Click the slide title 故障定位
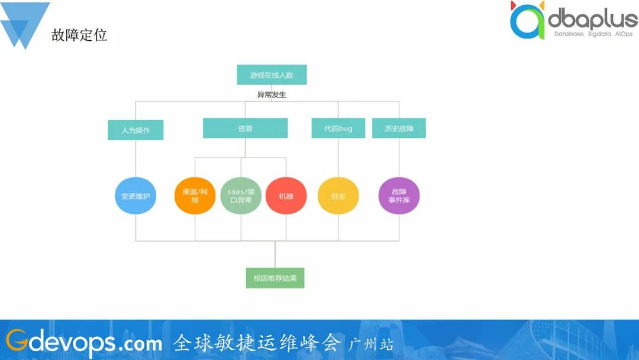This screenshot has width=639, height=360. click(79, 35)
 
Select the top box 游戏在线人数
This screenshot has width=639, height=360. click(272, 75)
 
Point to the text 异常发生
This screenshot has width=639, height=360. click(272, 95)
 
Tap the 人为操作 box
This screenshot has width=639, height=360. click(135, 130)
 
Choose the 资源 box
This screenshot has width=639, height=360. click(245, 128)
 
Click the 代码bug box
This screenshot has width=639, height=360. click(338, 128)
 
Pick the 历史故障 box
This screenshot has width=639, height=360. click(399, 128)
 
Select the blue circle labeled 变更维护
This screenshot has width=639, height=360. click(135, 195)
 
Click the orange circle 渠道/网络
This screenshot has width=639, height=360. click(195, 195)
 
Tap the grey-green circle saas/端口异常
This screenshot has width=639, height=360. click(241, 195)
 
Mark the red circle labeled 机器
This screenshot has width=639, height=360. click(286, 195)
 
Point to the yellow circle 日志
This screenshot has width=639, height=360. click(338, 195)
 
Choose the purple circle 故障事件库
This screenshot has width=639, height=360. click(399, 195)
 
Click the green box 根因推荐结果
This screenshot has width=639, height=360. click(275, 278)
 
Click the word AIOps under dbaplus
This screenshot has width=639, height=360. click(624, 34)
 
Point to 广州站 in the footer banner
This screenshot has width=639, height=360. click(372, 343)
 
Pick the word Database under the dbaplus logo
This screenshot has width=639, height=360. click(569, 34)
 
